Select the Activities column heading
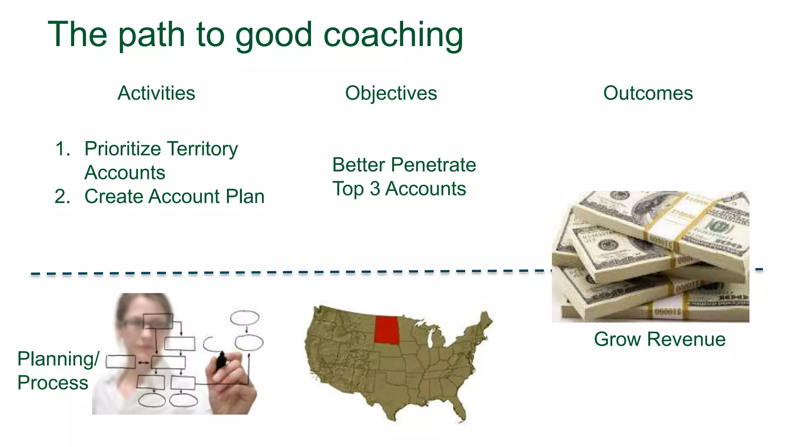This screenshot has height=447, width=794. [156, 94]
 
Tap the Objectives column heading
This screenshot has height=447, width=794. [391, 94]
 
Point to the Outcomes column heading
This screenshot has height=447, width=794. [648, 94]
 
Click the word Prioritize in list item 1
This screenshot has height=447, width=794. [123, 149]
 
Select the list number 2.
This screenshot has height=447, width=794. [62, 197]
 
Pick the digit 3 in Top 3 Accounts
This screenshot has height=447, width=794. [375, 189]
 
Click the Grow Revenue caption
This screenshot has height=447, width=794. [659, 340]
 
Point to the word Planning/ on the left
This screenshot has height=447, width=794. [58, 359]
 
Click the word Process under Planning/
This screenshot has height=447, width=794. [53, 383]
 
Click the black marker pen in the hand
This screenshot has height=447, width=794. [221, 361]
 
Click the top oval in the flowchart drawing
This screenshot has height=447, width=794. [245, 318]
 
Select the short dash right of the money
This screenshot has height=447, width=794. [759, 269]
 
